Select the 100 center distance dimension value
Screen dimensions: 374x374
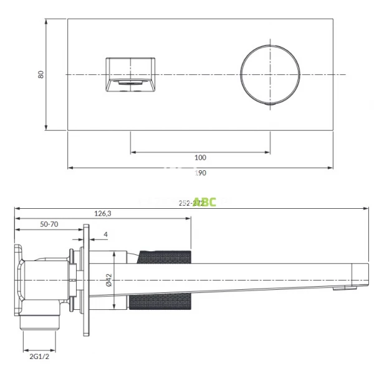[200, 158]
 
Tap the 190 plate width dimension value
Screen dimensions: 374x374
[199, 173]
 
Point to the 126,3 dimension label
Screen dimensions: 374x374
[103, 213]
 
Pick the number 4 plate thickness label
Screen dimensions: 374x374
[106, 234]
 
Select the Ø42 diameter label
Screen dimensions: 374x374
[108, 280]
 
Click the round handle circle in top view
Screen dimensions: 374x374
[270, 74]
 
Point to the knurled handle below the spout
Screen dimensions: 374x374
[162, 300]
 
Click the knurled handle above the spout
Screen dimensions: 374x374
[166, 256]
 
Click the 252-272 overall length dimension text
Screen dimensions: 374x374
[189, 202]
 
